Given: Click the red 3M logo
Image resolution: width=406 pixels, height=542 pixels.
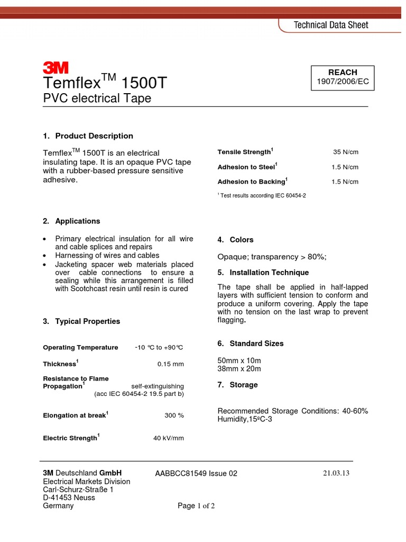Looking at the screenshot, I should coord(56,67).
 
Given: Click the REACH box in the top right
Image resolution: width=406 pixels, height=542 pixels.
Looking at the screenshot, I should coord(343,77).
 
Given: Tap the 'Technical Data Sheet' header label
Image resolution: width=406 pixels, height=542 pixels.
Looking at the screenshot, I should coord(331,25).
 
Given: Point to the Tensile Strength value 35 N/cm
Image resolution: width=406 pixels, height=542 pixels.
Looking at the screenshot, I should coord(345,152).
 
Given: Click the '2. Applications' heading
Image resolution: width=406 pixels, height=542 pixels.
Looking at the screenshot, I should coord(71,221).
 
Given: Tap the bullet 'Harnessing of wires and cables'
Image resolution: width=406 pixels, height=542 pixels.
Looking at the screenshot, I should coord(107,255).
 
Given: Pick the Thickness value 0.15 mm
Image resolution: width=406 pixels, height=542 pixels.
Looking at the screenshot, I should coord(170,364).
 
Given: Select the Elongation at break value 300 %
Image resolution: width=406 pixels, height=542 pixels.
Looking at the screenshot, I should coord(174,415).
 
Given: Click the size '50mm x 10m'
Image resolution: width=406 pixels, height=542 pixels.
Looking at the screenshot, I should coord(239,360).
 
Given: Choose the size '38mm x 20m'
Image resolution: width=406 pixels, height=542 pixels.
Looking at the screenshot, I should coord(239,369).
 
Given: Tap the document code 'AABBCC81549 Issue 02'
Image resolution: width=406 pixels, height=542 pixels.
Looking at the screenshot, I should coord(196,474).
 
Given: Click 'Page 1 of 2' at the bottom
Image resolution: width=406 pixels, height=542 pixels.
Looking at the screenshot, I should coord(196,506).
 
